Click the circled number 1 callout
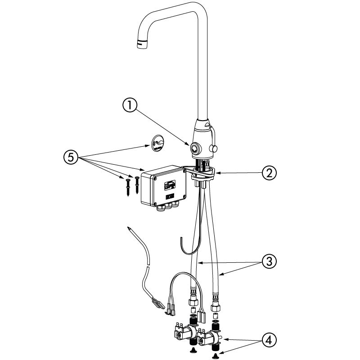130,105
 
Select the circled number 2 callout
269,173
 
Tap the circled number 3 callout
269,261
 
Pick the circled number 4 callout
269,340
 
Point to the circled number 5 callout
71,157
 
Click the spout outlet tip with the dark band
143,44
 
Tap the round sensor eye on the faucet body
195,148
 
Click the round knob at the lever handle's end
214,149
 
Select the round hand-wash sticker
158,143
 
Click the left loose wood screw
128,188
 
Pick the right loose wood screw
137,185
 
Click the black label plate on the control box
170,197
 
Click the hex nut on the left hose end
193,301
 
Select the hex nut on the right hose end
216,307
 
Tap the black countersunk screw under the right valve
216,356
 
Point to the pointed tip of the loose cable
128,228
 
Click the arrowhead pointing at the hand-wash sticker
148,145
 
